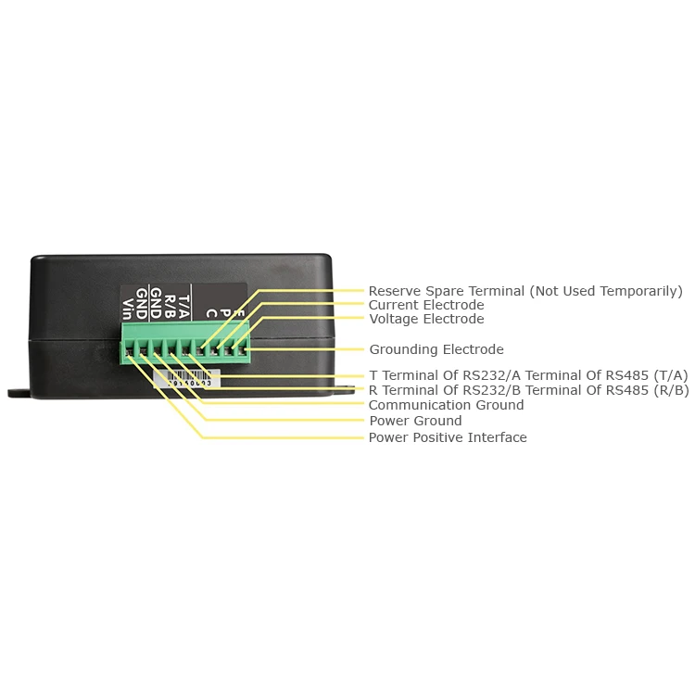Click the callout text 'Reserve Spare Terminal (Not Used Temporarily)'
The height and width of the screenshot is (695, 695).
pyautogui.click(x=524, y=291)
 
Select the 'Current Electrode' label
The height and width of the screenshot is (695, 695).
pyautogui.click(x=426, y=305)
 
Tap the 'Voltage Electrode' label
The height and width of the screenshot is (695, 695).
pyautogui.click(x=426, y=319)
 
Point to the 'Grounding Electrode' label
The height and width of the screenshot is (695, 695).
pyautogui.click(x=436, y=349)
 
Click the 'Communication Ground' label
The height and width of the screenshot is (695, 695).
pyautogui.click(x=446, y=405)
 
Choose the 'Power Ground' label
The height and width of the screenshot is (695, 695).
pyautogui.click(x=415, y=421)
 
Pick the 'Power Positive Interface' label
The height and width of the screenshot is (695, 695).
pyautogui.click(x=448, y=437)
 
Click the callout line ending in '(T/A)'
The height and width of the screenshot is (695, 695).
pyautogui.click(x=528, y=375)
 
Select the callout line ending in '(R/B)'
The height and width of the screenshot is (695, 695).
pyautogui.click(x=528, y=390)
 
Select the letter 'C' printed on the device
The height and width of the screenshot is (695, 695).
pyautogui.click(x=211, y=312)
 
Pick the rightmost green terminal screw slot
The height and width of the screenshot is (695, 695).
pyautogui.click(x=245, y=350)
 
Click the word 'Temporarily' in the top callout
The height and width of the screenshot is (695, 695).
pyautogui.click(x=641, y=291)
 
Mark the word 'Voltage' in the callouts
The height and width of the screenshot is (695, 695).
pyautogui.click(x=395, y=319)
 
